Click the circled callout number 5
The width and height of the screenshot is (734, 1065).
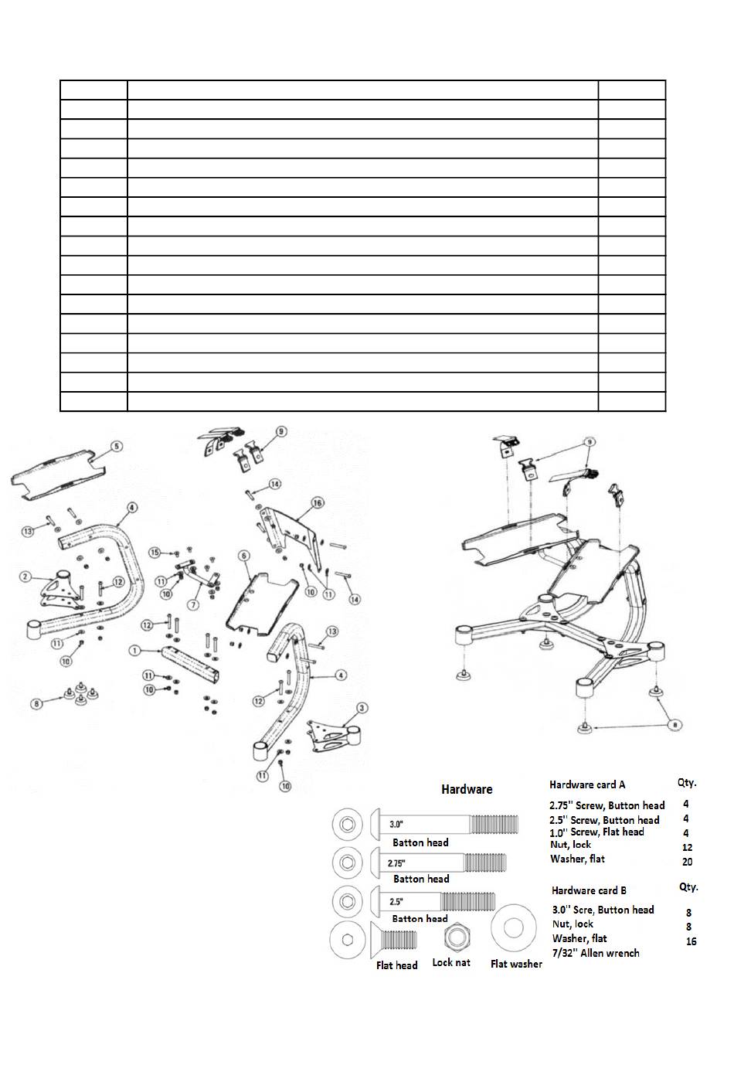click(x=116, y=446)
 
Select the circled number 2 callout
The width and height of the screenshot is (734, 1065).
click(x=25, y=577)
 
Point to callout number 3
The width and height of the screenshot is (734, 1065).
click(x=361, y=708)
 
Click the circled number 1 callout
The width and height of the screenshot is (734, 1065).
click(x=134, y=651)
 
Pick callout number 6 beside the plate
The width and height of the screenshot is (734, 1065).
click(x=243, y=556)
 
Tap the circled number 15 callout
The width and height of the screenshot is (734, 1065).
click(x=155, y=553)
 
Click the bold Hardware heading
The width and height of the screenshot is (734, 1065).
click(x=467, y=789)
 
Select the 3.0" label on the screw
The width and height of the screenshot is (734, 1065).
click(x=397, y=824)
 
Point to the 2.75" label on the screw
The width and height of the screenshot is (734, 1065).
click(x=396, y=863)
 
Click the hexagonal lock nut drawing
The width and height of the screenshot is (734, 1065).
click(x=454, y=938)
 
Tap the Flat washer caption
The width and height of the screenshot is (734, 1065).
click(x=516, y=964)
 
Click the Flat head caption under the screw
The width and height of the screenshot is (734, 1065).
click(x=396, y=965)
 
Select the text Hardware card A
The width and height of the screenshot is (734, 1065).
click(x=587, y=784)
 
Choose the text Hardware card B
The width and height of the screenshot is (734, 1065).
click(x=589, y=890)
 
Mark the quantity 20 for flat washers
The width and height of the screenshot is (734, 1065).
click(x=687, y=862)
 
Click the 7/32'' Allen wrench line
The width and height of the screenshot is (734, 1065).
click(x=596, y=953)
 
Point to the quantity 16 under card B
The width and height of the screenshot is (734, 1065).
click(x=691, y=941)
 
